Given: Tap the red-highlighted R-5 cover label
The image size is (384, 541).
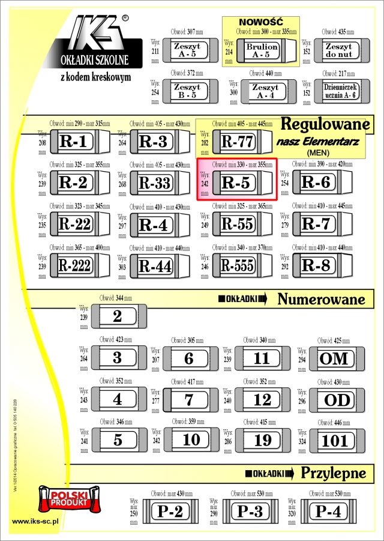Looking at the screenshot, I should (235, 183).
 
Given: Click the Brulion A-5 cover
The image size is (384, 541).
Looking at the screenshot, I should (262, 50).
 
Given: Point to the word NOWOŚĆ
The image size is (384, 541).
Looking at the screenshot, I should (260, 22).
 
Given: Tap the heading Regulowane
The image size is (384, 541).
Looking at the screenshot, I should (323, 125).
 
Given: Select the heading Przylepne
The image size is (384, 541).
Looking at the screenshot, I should (333, 473).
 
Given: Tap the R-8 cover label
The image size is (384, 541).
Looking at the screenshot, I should (316, 265).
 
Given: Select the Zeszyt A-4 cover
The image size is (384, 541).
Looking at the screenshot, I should (265, 91).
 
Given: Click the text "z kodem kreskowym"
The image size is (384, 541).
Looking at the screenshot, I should (96, 77).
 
